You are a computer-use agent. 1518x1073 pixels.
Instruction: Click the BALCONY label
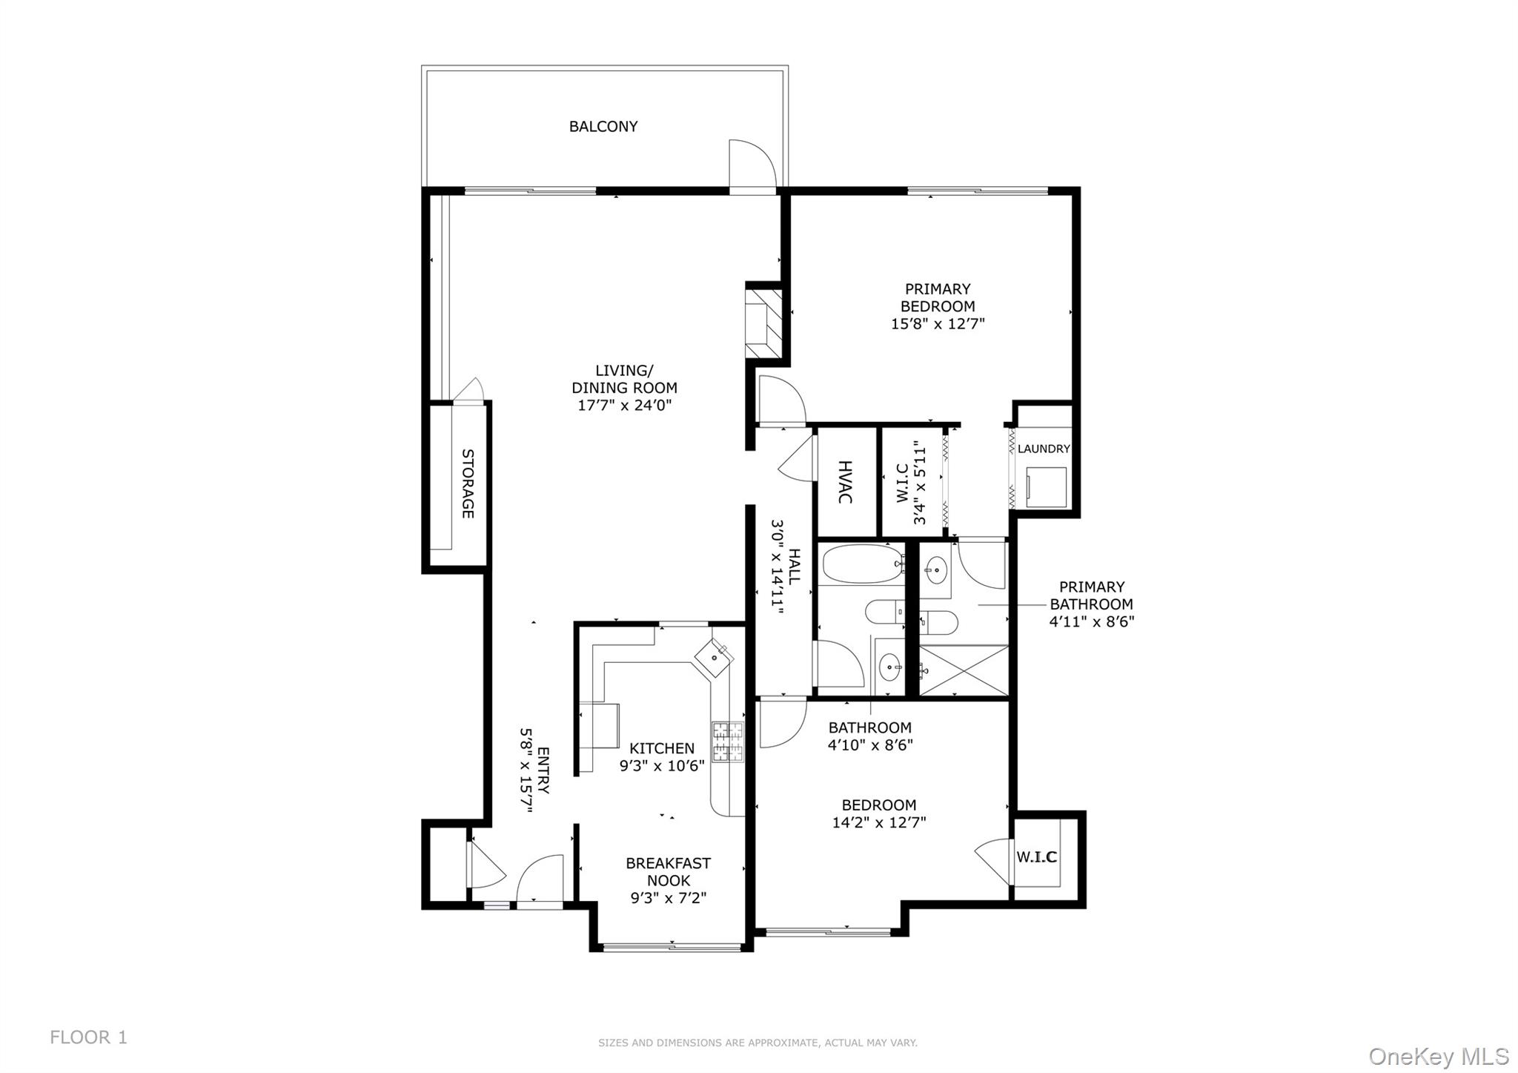[x=603, y=127]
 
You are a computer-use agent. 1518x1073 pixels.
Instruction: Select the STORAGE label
[x=468, y=483]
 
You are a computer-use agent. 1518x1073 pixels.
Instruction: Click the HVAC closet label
[x=845, y=482]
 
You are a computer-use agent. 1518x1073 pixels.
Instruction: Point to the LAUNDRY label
[x=1044, y=449]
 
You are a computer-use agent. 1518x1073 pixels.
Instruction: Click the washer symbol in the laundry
[x=1046, y=487]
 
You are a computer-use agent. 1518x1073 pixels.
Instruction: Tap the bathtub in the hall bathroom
[x=861, y=564]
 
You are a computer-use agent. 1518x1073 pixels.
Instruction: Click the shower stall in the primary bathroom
[x=964, y=670]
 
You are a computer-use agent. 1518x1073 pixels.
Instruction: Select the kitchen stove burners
[x=727, y=742]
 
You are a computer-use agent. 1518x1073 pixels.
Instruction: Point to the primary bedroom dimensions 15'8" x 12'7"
[x=938, y=324]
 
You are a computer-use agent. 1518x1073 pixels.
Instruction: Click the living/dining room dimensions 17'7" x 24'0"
[x=624, y=406]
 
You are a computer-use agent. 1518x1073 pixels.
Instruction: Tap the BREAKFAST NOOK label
[x=668, y=872]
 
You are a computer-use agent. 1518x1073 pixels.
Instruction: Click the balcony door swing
[x=752, y=165]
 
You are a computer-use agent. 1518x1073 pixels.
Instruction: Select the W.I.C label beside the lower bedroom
[x=1036, y=857]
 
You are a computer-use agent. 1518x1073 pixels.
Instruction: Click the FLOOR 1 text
[x=88, y=1037]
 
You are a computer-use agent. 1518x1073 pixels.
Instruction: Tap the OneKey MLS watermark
[x=1439, y=1056]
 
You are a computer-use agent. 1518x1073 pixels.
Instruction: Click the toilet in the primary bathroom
[x=938, y=622]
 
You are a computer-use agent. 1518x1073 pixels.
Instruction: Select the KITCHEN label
[x=662, y=749]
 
